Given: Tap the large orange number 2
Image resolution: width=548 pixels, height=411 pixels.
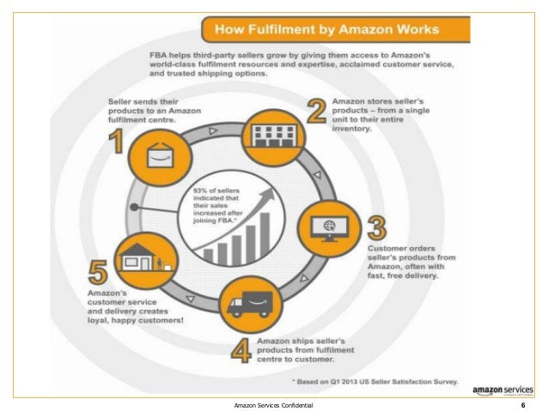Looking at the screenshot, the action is [x=317, y=112].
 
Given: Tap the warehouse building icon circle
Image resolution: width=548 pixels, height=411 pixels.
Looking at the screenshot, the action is [x=271, y=134].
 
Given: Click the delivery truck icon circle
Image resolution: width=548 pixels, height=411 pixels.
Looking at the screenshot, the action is [x=250, y=303].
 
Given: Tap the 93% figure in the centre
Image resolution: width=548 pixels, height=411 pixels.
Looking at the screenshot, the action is [x=199, y=189].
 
